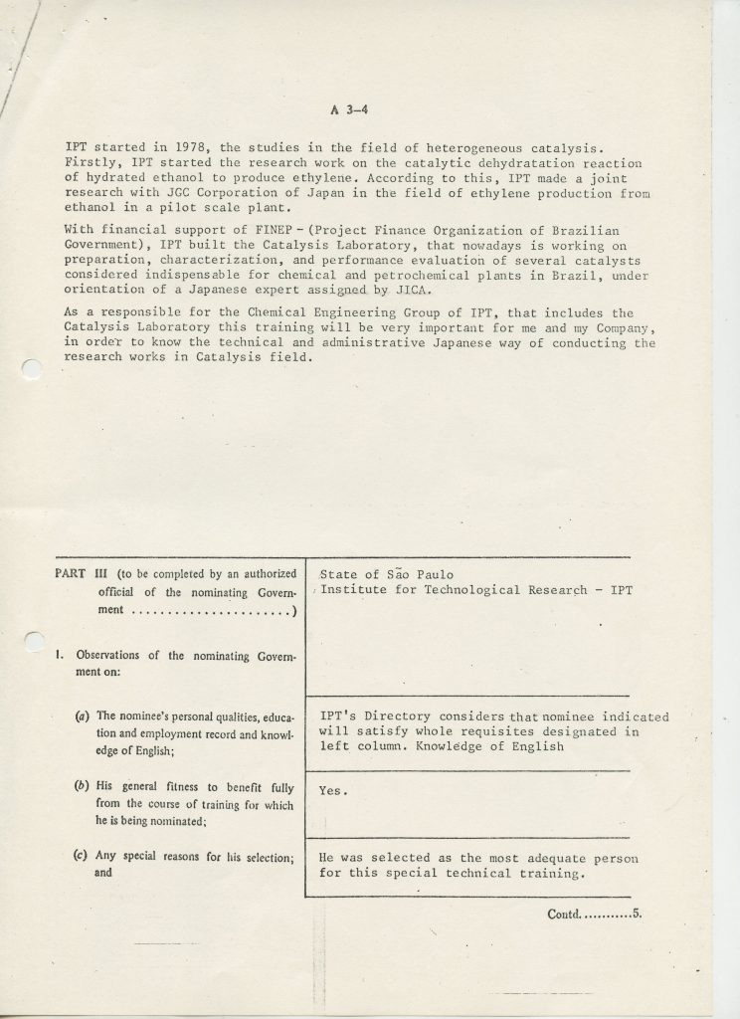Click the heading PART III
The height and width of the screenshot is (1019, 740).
point(84,574)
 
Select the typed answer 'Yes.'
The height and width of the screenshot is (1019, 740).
point(332,789)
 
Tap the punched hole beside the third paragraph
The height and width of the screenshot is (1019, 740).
point(29,370)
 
